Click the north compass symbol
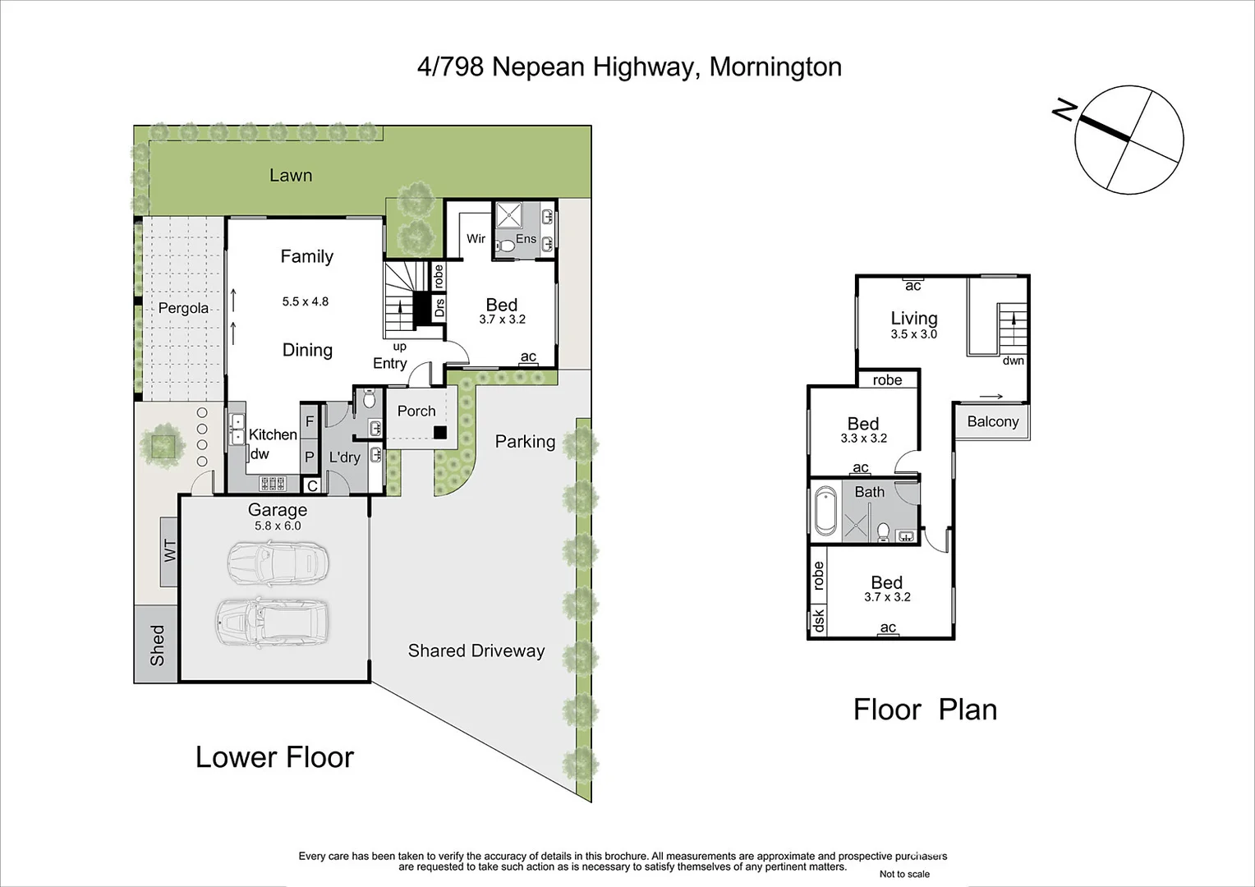[1129, 140]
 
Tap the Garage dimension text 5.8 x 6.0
[278, 526]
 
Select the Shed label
[156, 645]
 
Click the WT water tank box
[169, 551]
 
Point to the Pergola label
[183, 308]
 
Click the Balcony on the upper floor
[992, 421]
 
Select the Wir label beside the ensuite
[476, 239]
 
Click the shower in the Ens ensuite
[509, 216]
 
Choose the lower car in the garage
[273, 621]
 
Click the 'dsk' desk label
[818, 620]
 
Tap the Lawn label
[291, 175]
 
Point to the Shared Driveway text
[476, 650]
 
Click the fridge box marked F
[310, 421]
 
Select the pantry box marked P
[310, 457]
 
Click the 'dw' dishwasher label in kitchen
[260, 454]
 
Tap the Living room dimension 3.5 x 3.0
[913, 334]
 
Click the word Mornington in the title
[775, 67]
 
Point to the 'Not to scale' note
[904, 874]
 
